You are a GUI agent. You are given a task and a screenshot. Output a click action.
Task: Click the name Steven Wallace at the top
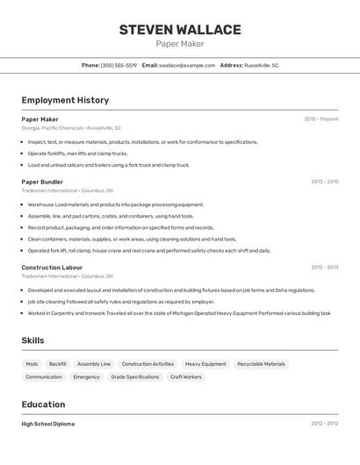(x=180, y=30)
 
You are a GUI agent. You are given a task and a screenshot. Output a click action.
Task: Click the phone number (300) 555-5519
(x=119, y=65)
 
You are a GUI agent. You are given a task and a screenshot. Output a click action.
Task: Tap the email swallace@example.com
(x=187, y=65)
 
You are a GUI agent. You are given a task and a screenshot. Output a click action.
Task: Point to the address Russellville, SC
(x=262, y=65)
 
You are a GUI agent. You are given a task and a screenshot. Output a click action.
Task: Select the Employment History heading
(x=65, y=100)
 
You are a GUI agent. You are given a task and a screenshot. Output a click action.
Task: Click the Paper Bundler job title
(x=42, y=182)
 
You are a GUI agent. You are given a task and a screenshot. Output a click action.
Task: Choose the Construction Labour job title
(x=52, y=267)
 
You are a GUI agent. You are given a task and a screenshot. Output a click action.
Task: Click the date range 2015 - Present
(x=321, y=119)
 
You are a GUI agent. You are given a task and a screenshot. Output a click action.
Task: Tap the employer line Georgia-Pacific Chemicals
(x=71, y=128)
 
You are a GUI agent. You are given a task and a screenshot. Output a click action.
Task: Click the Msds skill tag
(x=32, y=364)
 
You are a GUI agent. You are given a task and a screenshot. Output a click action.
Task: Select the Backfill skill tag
(x=58, y=364)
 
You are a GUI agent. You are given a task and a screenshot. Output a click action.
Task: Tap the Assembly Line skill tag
(x=94, y=364)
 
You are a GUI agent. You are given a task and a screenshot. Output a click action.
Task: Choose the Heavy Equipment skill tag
(x=205, y=364)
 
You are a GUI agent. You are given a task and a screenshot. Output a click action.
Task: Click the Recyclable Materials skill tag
(x=262, y=364)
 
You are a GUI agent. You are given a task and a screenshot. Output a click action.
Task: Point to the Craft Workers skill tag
(x=186, y=377)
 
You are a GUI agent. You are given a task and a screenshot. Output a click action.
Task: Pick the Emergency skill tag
(x=86, y=377)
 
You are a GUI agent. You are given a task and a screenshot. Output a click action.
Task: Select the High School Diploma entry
(x=47, y=424)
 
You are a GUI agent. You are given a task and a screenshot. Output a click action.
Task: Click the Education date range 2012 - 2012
(x=325, y=424)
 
